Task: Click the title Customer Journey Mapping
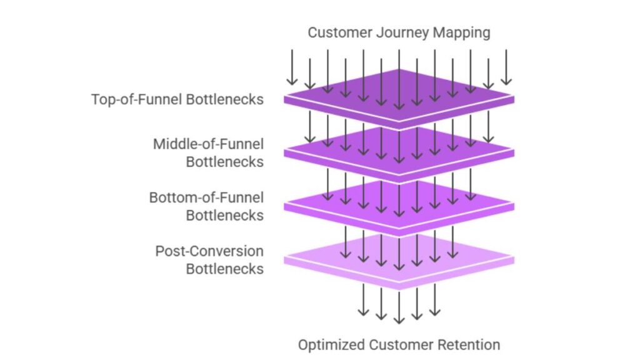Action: click(399, 32)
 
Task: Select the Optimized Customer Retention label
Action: click(399, 344)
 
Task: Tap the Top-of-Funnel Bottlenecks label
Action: click(177, 99)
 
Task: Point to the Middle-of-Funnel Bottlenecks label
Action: click(208, 152)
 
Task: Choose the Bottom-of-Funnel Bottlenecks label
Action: click(206, 206)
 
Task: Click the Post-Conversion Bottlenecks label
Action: click(209, 260)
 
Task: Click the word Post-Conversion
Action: click(209, 251)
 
